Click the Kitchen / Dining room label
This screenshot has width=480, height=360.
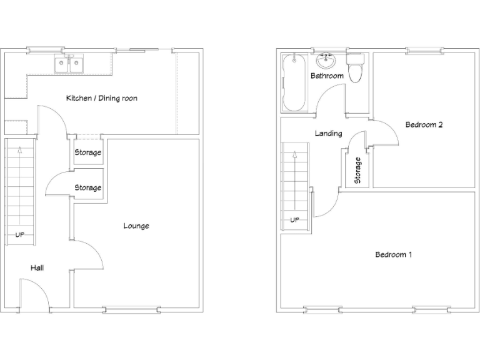101,98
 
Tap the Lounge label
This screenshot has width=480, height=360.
136,226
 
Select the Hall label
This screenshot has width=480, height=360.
37,267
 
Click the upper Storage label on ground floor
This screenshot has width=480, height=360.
88,152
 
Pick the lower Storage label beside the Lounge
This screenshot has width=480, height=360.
88,187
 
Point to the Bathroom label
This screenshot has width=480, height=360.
327,76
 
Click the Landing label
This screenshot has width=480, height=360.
328,133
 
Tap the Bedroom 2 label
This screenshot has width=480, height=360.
424,124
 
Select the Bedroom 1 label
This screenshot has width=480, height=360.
394,254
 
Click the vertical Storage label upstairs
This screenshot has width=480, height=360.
358,170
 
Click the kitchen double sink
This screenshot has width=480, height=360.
69,64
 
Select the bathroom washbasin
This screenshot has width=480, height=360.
326,61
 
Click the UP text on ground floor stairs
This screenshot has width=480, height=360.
19,235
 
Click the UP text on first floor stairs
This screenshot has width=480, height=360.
294,220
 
